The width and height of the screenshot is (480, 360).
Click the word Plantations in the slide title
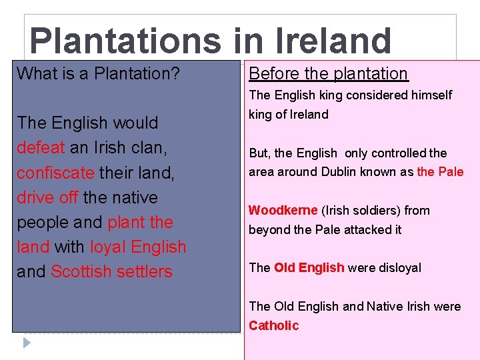[125, 41]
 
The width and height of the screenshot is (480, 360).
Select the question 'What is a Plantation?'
[98, 73]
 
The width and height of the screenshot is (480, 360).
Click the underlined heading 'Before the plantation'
[328, 73]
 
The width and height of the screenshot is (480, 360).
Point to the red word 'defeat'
[41, 148]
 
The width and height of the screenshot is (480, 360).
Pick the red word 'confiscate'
[55, 173]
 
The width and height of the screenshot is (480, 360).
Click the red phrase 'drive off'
[47, 197]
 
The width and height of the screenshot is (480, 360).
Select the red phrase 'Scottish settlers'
[111, 271]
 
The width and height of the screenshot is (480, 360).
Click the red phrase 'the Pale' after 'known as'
[440, 172]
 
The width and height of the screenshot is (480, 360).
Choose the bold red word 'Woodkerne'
[283, 211]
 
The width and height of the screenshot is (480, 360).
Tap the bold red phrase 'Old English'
[309, 268]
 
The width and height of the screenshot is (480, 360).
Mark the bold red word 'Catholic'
[274, 325]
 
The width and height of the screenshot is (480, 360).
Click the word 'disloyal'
[399, 268]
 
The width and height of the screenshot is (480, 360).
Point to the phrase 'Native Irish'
[397, 307]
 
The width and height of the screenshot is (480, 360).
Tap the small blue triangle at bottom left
[27, 343]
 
